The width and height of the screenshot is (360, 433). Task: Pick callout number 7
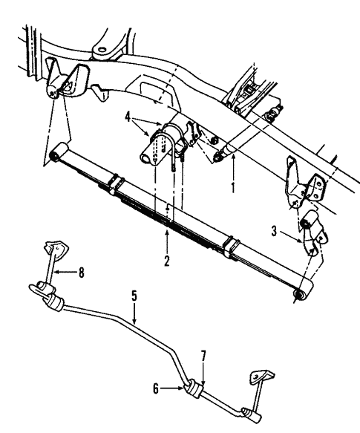(x=202, y=359)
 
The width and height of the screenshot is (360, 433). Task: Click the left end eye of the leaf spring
(x=55, y=155)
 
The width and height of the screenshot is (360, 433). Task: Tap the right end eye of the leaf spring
(x=299, y=296)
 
